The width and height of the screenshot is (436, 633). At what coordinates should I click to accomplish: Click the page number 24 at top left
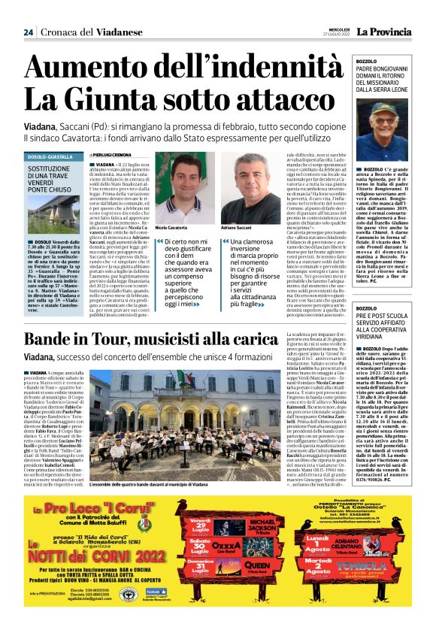(29, 32)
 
